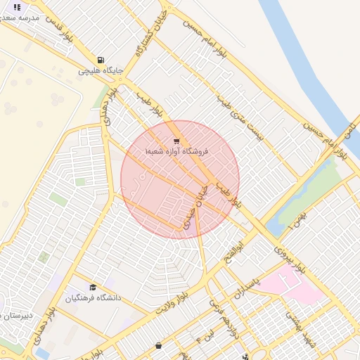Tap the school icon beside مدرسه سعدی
(x=17, y=6)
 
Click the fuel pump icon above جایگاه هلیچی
(x=101, y=60)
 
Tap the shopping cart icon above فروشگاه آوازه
(x=176, y=141)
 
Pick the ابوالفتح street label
(x=234, y=253)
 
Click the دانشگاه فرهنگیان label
(x=94, y=297)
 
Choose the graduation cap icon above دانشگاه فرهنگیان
(x=93, y=287)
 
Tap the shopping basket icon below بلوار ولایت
(x=158, y=345)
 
